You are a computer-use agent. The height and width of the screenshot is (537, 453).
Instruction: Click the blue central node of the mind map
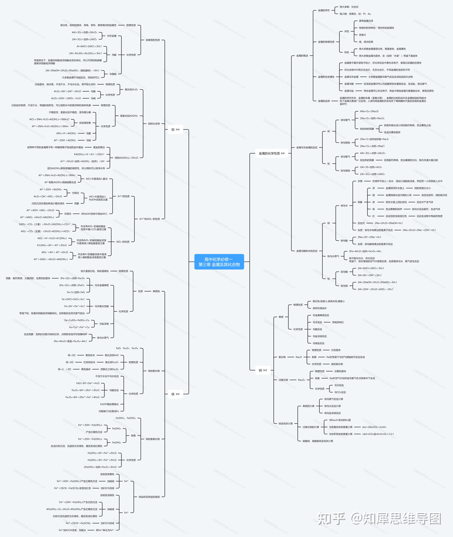click(x=219, y=262)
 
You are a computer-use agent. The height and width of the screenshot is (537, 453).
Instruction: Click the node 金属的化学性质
click(x=269, y=153)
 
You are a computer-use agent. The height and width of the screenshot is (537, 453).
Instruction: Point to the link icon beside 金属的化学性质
click(x=283, y=153)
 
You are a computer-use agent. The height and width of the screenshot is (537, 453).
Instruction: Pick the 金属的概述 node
click(x=302, y=56)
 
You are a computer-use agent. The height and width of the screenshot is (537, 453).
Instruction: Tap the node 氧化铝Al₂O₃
click(x=131, y=90)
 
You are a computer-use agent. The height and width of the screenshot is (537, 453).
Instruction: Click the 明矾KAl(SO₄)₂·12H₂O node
click(x=126, y=158)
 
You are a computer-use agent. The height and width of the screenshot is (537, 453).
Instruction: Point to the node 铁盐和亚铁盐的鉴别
click(x=149, y=497)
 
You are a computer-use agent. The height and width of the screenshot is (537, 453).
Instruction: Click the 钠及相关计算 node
click(x=286, y=424)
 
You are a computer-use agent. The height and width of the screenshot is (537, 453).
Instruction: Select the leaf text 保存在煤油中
click(x=319, y=308)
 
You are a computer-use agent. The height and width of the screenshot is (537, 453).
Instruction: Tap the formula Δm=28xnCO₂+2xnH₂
click(x=374, y=427)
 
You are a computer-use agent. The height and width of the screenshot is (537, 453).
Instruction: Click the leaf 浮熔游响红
click(x=338, y=322)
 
